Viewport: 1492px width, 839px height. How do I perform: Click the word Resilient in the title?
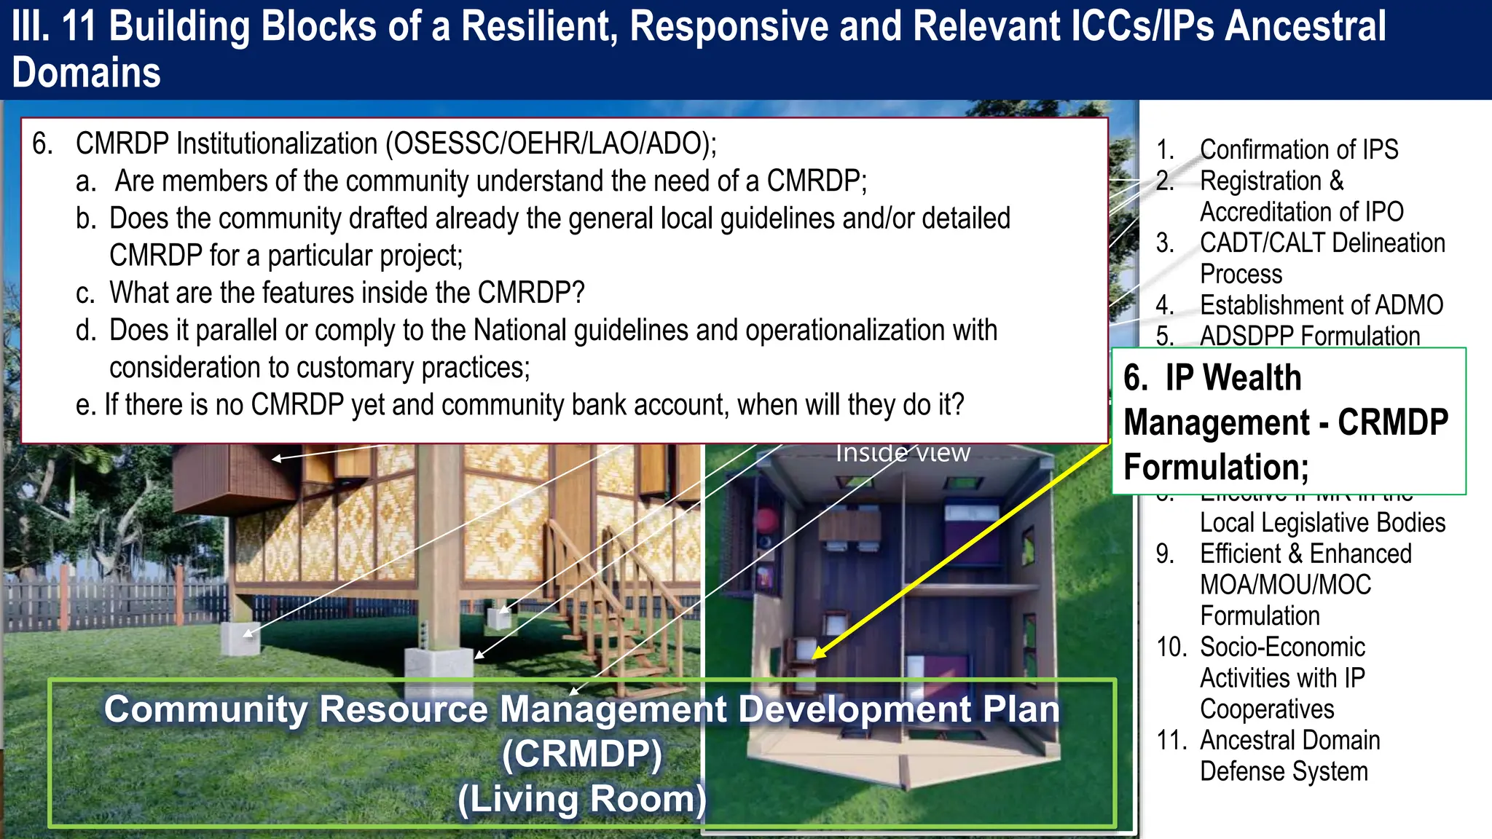click(540, 26)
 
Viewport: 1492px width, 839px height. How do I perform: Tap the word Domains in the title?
click(86, 73)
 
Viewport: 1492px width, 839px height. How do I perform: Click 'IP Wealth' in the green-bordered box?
click(1232, 378)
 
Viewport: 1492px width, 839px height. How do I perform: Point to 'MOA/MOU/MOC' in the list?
click(1285, 585)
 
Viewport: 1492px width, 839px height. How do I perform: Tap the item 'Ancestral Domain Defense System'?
click(1289, 755)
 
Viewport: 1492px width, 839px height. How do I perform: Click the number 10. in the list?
click(1171, 647)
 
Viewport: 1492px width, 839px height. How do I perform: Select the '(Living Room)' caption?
click(581, 799)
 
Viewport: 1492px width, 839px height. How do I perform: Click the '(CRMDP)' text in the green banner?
click(581, 754)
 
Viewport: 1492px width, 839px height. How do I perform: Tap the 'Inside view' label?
click(902, 453)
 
